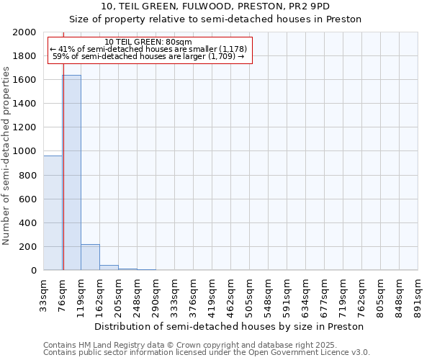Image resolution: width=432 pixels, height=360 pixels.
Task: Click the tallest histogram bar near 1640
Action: coord(71,173)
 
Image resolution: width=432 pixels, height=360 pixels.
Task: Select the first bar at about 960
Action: coord(53,212)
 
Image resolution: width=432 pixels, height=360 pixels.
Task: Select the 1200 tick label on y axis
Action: coord(24,127)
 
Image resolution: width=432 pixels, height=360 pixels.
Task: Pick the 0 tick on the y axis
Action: coord(33,271)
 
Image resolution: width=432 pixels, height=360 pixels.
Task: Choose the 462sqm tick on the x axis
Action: coord(231,294)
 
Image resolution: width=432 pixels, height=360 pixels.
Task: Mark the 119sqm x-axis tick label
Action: coord(81,294)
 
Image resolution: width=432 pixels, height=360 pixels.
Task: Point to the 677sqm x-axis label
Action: coord(325,294)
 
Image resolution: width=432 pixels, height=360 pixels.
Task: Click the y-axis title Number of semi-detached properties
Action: coord(7,156)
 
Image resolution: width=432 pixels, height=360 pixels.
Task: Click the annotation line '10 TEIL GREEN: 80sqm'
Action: coord(148,42)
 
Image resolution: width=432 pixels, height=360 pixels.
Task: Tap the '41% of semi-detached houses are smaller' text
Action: coord(148,49)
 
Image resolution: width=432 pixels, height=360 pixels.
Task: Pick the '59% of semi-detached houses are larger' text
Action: coord(148,56)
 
